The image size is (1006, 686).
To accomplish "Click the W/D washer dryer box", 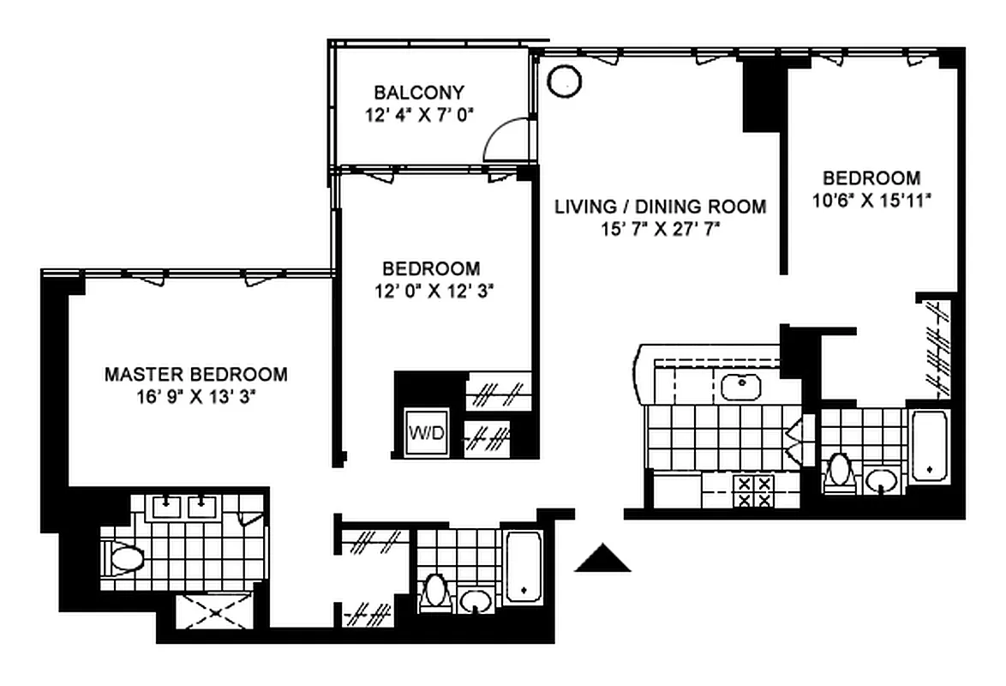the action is [428, 431].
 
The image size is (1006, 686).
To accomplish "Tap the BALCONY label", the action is [419, 93].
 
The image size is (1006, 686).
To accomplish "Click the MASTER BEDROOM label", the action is [195, 374].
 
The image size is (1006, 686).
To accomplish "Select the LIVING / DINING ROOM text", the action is [660, 207].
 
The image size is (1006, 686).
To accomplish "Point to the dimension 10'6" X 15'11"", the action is [871, 201].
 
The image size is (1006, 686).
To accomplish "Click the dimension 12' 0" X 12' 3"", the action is [434, 292].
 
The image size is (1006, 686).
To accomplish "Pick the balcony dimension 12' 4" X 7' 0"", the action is [419, 116].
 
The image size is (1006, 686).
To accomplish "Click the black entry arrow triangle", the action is [602, 558].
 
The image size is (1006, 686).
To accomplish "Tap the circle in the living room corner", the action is [565, 81].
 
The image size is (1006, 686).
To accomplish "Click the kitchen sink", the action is [741, 387].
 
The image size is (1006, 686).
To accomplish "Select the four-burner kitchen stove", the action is [754, 491].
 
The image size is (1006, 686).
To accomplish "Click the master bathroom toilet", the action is [123, 557].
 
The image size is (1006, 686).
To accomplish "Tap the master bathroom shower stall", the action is [214, 611].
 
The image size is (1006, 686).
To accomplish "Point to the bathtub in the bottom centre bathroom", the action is [524, 567].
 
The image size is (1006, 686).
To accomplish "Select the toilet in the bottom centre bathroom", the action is [435, 592].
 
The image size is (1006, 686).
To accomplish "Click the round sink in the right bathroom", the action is [882, 480].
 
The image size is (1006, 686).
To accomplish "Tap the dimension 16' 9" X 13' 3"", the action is [196, 397].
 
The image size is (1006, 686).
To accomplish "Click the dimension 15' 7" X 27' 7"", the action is [660, 229].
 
